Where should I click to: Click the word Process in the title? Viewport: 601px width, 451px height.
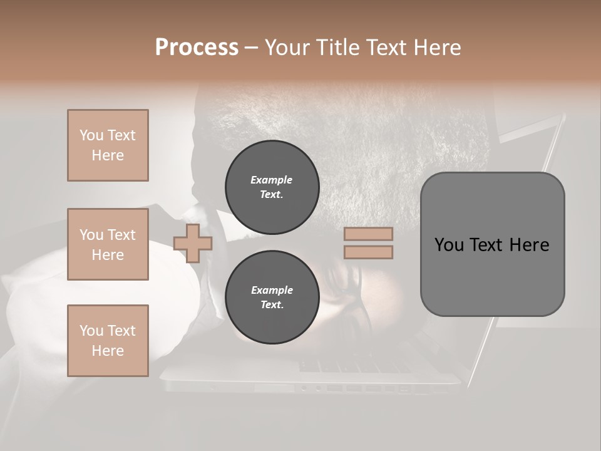[x=197, y=47]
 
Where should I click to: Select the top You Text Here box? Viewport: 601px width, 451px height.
[x=108, y=145]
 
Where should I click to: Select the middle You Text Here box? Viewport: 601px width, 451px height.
[x=108, y=244]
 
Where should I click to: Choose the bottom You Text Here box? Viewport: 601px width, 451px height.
[x=108, y=341]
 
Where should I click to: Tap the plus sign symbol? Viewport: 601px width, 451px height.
[x=193, y=243]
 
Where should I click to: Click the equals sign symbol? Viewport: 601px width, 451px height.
[x=368, y=243]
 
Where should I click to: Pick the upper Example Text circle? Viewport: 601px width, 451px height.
[x=272, y=187]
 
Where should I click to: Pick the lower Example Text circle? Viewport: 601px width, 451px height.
[x=272, y=298]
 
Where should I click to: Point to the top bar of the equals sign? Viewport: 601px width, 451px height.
[x=368, y=234]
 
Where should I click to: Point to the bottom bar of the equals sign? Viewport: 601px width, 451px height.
[x=368, y=252]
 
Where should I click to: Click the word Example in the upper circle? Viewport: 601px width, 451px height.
[x=271, y=180]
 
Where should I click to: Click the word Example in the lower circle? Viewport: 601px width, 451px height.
[x=271, y=290]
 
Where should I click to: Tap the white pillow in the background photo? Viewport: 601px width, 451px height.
[x=38, y=294]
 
